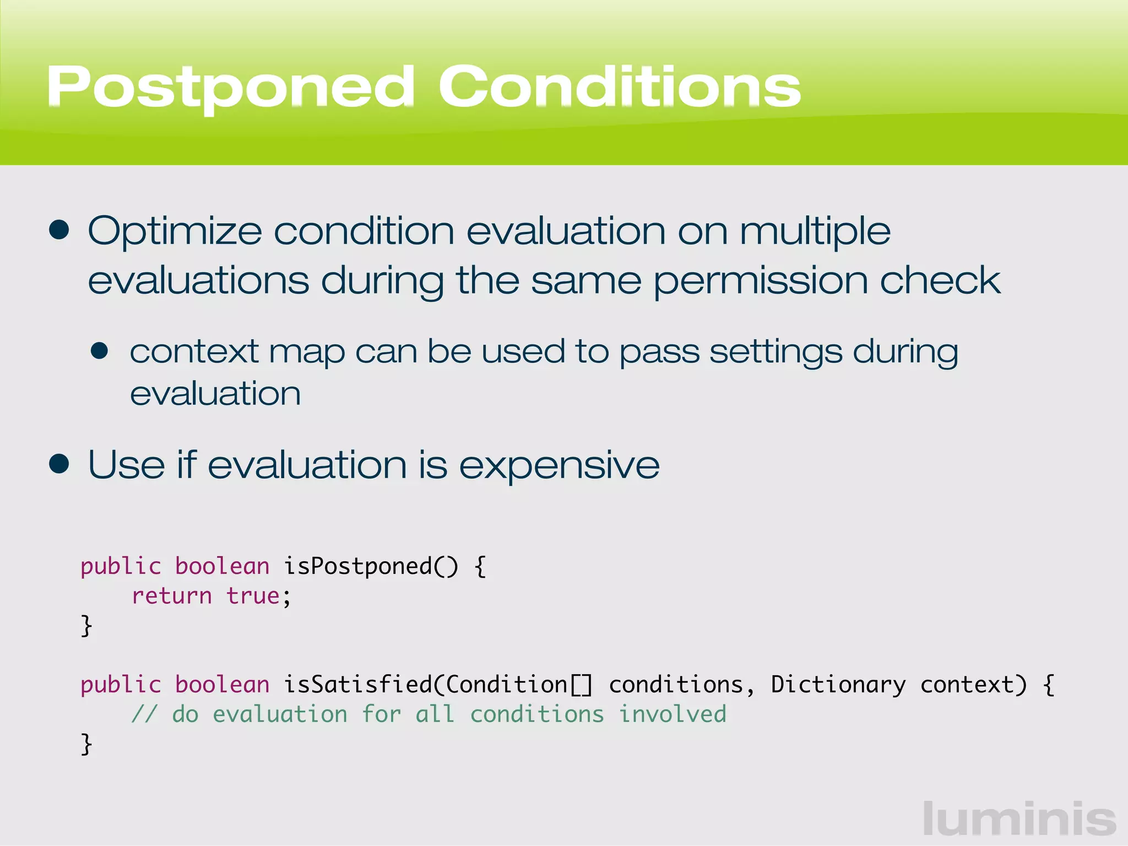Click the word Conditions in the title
coord(619,87)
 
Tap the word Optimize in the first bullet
coord(175,231)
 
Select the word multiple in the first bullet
coord(815,231)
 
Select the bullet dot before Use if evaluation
coord(59,464)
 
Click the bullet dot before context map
coord(100,351)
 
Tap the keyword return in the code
coord(172,596)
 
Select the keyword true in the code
coord(253,596)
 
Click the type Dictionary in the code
coord(838,685)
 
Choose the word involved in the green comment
coord(673,714)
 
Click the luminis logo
coord(1019,819)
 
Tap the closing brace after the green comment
coord(86,744)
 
